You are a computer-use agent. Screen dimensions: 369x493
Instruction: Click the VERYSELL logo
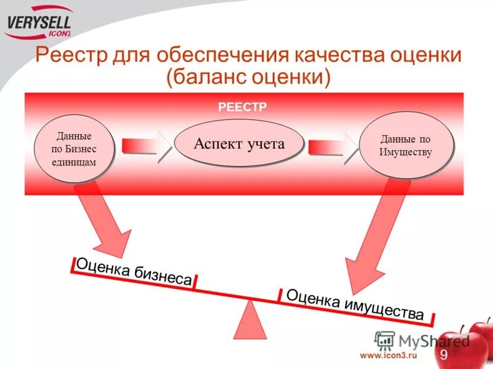[38, 23]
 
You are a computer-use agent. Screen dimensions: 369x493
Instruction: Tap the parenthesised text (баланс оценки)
[248, 77]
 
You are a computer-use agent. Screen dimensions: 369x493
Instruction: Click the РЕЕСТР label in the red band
[242, 107]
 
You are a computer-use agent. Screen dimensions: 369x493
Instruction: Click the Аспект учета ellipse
[239, 144]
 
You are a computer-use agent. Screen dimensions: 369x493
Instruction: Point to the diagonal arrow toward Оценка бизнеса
[105, 221]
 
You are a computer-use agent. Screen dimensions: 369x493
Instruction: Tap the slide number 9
[443, 354]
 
